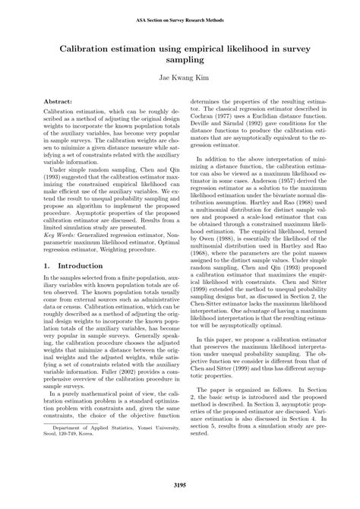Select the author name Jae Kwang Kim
coord(180,77)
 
